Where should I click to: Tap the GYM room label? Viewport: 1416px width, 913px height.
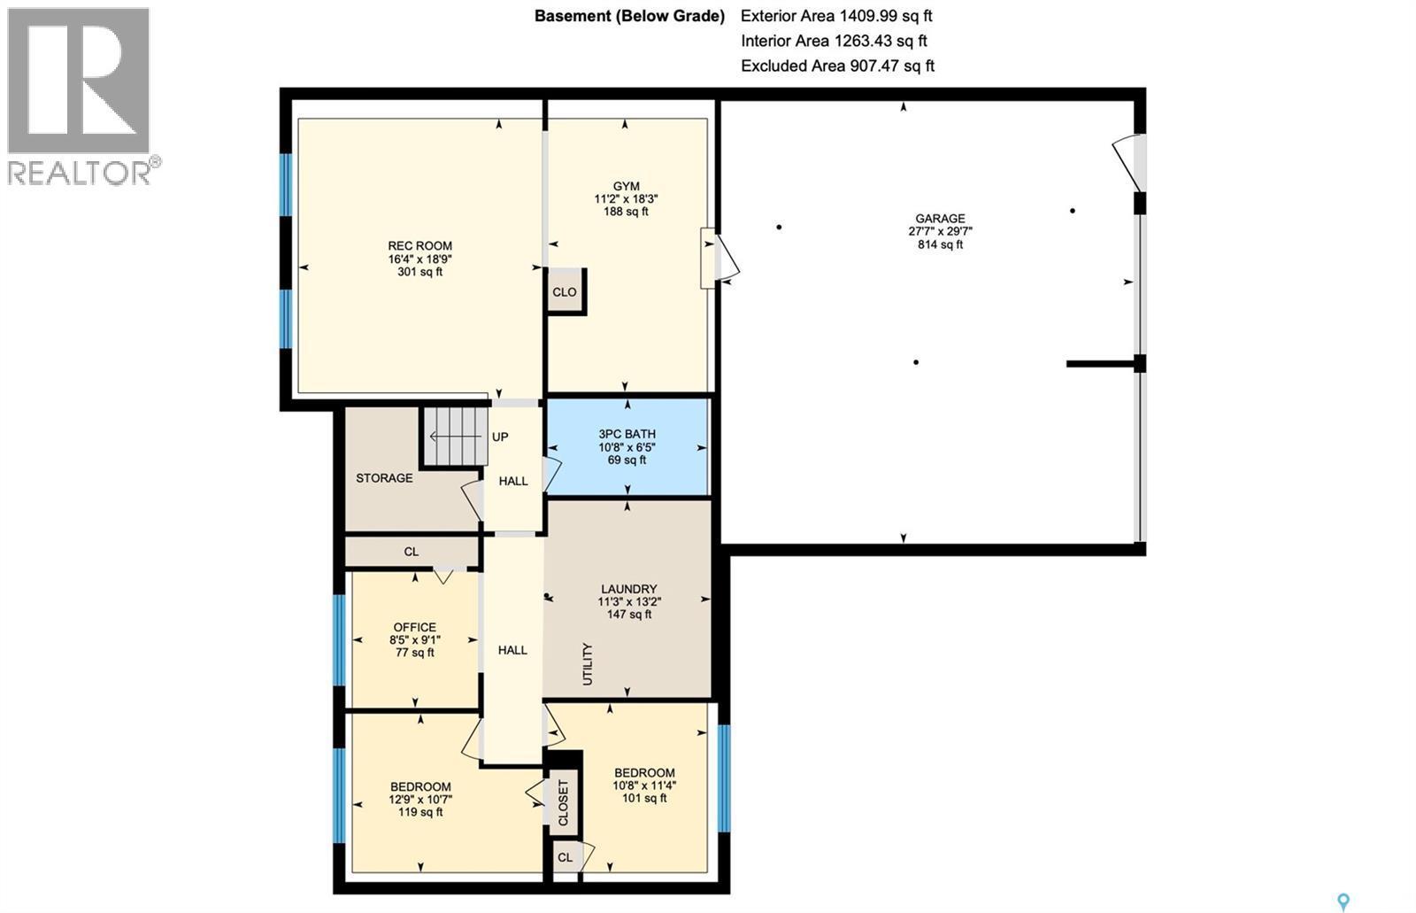click(x=626, y=186)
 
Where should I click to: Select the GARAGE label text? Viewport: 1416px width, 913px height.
click(x=940, y=219)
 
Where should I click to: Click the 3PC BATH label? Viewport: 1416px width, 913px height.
click(x=627, y=434)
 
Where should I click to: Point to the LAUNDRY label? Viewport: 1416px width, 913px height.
click(x=628, y=589)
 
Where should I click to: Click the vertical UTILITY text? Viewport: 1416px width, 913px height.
click(x=588, y=664)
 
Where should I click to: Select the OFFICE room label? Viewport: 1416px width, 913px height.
click(x=414, y=627)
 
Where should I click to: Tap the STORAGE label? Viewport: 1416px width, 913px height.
click(x=384, y=478)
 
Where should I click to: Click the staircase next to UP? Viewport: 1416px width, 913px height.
click(x=455, y=437)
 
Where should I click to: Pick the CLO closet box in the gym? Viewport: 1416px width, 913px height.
click(x=565, y=291)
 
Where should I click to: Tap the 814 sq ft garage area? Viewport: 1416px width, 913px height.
click(x=940, y=244)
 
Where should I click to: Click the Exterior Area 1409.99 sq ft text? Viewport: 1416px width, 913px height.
click(x=836, y=16)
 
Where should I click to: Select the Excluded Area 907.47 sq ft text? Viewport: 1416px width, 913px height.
click(x=837, y=66)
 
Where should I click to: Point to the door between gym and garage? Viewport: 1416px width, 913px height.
click(x=719, y=259)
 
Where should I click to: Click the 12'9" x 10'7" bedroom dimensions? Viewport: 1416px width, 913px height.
click(x=420, y=799)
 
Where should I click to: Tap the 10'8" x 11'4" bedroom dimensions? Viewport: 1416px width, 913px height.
click(x=644, y=785)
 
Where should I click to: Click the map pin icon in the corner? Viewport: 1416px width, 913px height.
click(x=1343, y=901)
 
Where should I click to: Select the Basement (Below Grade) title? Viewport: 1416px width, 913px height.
click(x=629, y=16)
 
